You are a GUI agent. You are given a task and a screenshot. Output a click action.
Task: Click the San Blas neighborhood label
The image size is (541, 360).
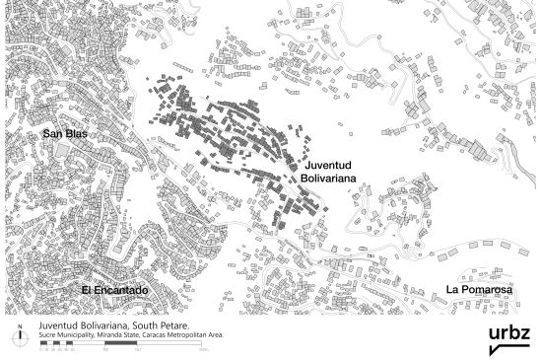[x=64, y=132]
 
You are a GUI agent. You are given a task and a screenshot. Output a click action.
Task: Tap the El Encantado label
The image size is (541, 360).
[x=114, y=290]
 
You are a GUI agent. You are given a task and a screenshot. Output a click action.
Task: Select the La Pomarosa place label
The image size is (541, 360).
[x=479, y=289]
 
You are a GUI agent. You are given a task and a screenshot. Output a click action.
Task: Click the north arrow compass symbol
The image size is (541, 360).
[x=20, y=337]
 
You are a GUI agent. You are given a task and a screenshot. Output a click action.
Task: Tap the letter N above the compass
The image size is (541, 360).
[x=20, y=324]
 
